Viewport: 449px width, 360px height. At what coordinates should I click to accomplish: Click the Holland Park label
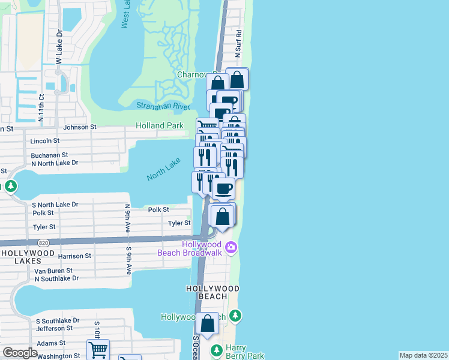tap(159, 126)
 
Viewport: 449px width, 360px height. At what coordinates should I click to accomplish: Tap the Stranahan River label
tap(163, 106)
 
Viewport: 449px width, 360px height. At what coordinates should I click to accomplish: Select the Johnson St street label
tap(80, 127)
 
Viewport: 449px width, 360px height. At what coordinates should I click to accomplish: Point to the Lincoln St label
tap(45, 140)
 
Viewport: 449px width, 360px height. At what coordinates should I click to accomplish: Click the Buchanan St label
tap(49, 155)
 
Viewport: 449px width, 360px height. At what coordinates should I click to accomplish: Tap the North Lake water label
tap(163, 171)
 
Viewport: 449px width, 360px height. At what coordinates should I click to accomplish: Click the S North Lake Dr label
tap(55, 205)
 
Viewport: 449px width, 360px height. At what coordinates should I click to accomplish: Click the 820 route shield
tap(43, 242)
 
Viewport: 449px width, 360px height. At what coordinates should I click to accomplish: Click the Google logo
tap(20, 353)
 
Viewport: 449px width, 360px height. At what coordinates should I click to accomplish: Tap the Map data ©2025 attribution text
tap(423, 355)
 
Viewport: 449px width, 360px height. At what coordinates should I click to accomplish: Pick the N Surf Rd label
tap(238, 44)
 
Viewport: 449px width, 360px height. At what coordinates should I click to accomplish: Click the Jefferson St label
tap(55, 328)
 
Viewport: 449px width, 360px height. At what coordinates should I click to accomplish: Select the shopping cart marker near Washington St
tap(98, 349)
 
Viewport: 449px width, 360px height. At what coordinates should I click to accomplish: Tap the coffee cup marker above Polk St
tap(224, 188)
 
